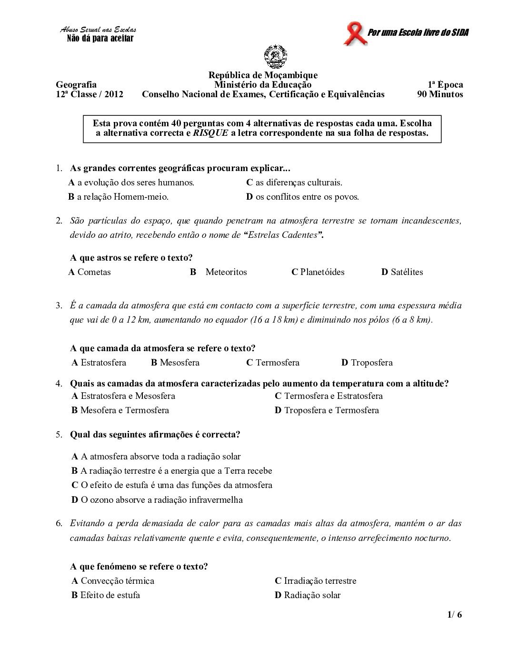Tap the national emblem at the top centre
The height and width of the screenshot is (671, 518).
pyautogui.click(x=275, y=57)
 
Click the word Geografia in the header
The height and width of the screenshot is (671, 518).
pyautogui.click(x=76, y=85)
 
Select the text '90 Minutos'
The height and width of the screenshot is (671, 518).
pyautogui.click(x=440, y=94)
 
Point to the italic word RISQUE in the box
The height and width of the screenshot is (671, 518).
pyautogui.click(x=210, y=133)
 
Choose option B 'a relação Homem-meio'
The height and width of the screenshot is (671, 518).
pyautogui.click(x=119, y=197)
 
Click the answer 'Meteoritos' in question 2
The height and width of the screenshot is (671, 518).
pyautogui.click(x=226, y=272)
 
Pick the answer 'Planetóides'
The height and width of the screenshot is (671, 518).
pyautogui.click(x=322, y=272)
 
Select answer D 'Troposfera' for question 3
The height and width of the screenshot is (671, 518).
pyautogui.click(x=371, y=363)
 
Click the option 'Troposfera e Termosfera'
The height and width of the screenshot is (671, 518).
pyautogui.click(x=331, y=410)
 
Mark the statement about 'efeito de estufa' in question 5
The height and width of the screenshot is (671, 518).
pyautogui.click(x=176, y=485)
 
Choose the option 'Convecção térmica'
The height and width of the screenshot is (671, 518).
pyautogui.click(x=117, y=581)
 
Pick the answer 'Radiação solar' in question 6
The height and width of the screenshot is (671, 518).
pyautogui.click(x=312, y=595)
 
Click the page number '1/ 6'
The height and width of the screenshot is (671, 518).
pyautogui.click(x=455, y=615)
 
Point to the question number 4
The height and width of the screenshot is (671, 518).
pyautogui.click(x=59, y=384)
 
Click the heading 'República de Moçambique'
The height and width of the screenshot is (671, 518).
pyautogui.click(x=263, y=75)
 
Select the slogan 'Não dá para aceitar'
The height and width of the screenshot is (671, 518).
pyautogui.click(x=100, y=39)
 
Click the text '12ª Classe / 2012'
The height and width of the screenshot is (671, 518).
pyautogui.click(x=90, y=94)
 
